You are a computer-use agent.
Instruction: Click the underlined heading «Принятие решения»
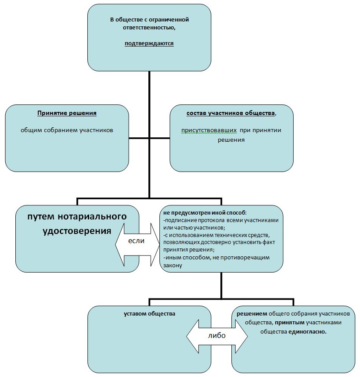coord(67,113)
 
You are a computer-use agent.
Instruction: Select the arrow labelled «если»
coord(137,241)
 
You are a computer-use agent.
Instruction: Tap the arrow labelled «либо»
coord(217,336)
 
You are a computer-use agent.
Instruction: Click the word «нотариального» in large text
coord(94,217)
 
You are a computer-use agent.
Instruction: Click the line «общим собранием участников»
coord(67,130)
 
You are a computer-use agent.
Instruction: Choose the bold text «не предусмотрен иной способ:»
coord(198,212)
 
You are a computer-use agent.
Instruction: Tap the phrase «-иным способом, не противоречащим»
coord(209,258)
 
